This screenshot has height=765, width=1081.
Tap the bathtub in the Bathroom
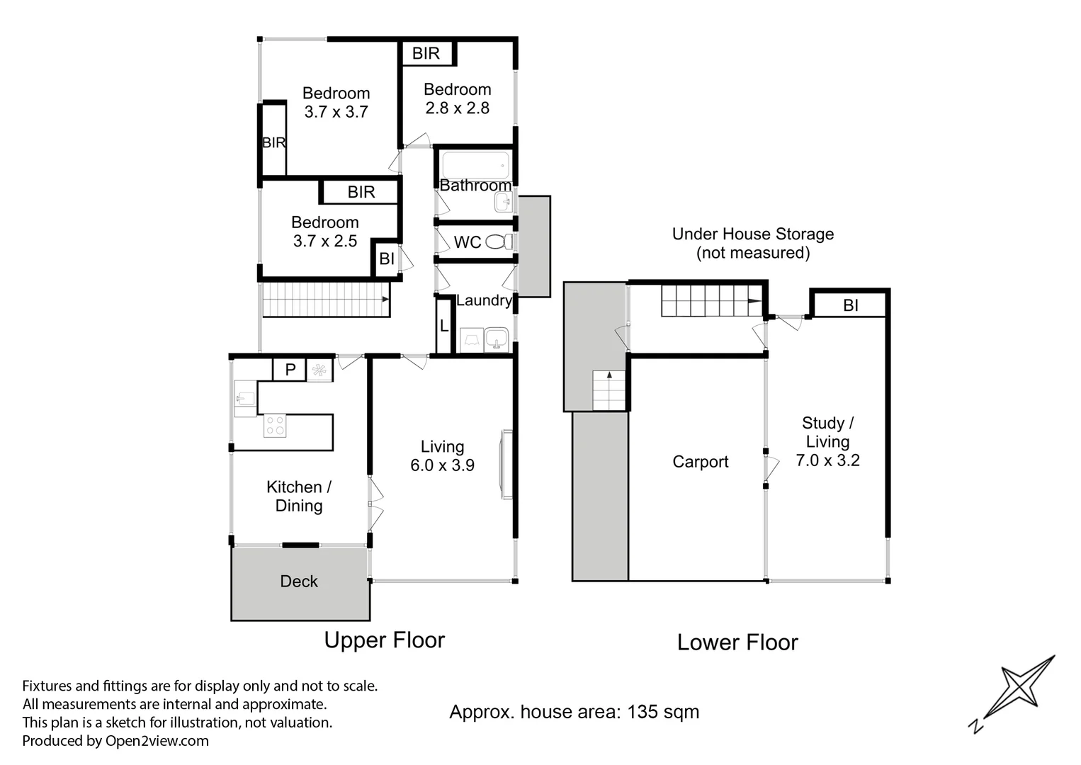[475, 165]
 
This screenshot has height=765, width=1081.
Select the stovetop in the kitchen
[275, 426]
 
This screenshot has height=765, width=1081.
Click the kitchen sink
[245, 398]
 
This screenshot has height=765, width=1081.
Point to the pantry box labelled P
[290, 370]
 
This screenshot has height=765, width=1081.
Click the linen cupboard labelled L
[444, 327]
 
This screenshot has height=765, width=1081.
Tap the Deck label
[299, 582]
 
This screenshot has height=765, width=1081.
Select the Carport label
[700, 462]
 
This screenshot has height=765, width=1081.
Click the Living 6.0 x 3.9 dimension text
[442, 465]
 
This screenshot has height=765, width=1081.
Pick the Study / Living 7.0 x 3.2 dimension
[827, 460]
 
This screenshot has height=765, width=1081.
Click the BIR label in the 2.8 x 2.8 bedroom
[426, 53]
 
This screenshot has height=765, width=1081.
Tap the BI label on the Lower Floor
[850, 305]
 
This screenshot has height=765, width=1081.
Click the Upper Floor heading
[384, 640]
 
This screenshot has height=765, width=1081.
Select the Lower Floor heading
[737, 642]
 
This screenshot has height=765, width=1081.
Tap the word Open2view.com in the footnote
[157, 741]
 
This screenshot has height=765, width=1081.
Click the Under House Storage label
[752, 234]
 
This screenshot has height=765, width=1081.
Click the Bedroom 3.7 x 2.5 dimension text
[325, 241]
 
